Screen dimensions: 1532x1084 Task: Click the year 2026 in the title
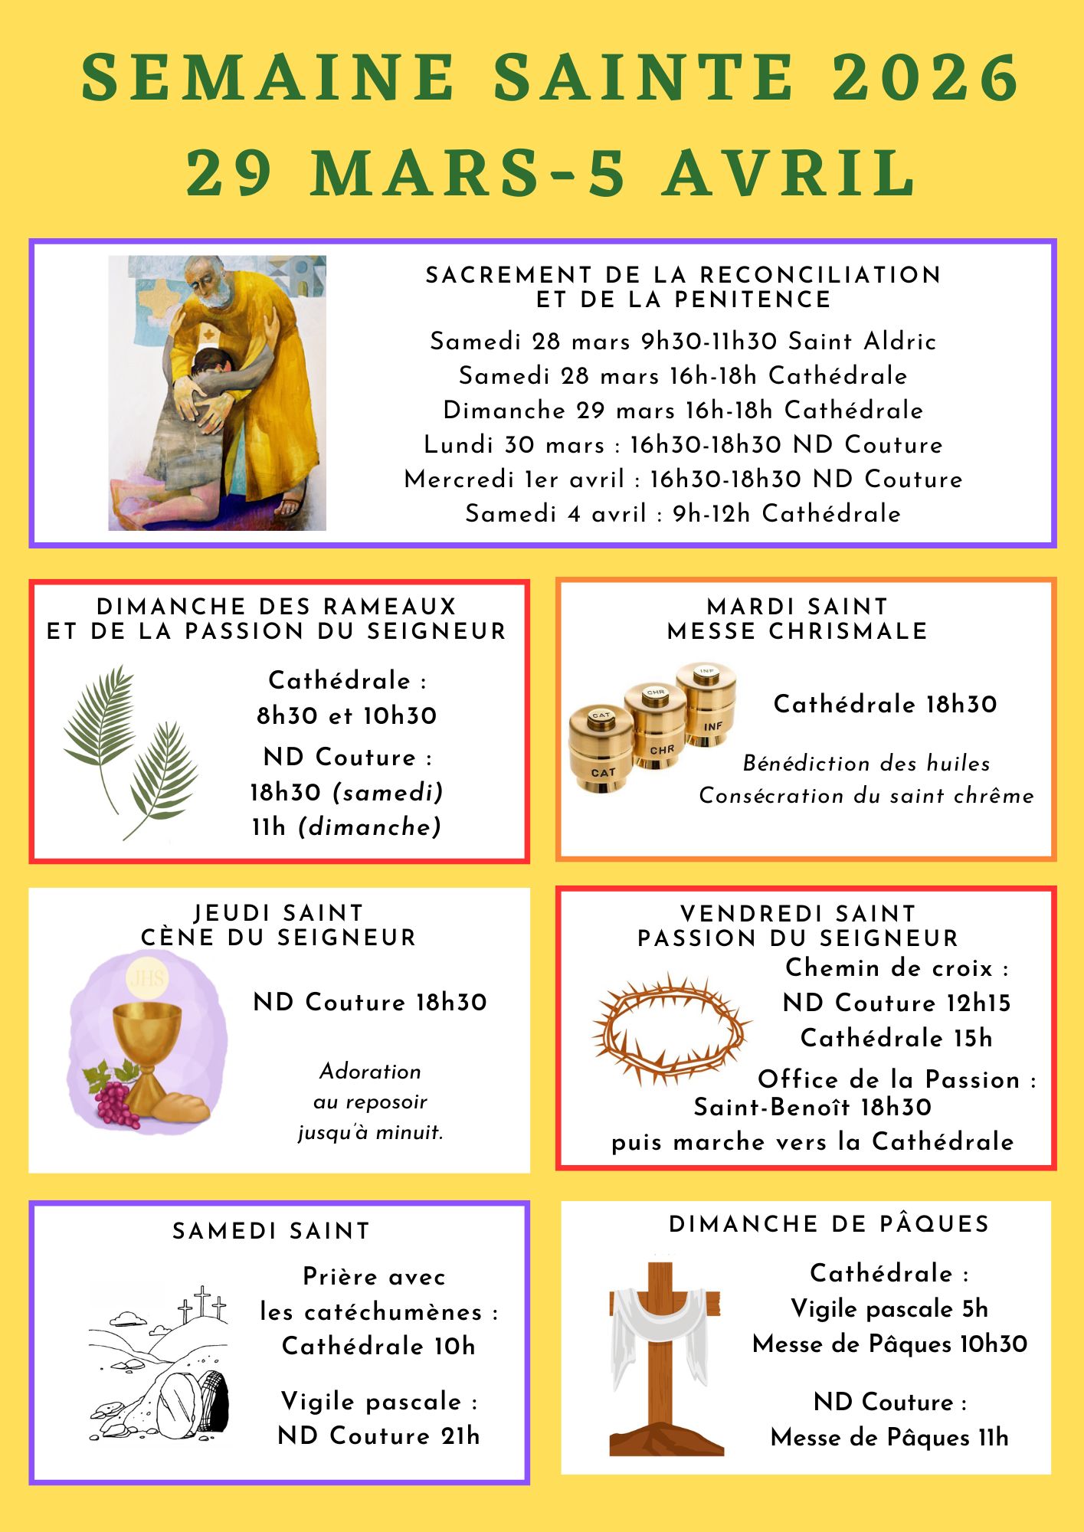[925, 77]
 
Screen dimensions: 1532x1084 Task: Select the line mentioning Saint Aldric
[683, 341]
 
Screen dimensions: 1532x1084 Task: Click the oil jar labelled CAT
[601, 751]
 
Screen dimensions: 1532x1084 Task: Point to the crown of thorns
[670, 1029]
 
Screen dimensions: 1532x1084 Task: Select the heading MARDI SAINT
[797, 607]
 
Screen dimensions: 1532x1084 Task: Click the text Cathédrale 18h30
[885, 704]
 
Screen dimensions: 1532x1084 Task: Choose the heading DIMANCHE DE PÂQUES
[829, 1223]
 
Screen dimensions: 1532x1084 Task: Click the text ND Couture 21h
[378, 1435]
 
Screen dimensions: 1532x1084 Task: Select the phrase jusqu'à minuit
[371, 1132]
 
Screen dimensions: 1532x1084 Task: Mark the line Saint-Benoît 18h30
[812, 1107]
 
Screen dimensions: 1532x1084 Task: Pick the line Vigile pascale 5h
[889, 1308]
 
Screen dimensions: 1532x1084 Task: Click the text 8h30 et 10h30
[346, 715]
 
